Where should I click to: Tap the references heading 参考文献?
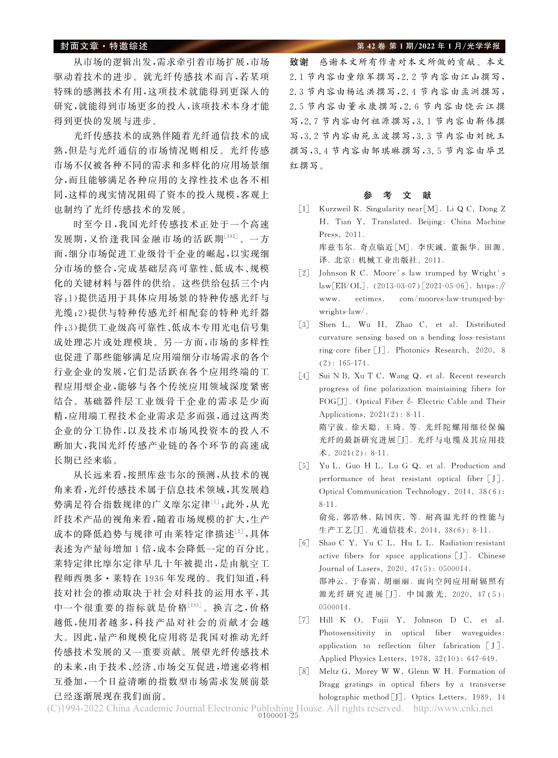[397, 195]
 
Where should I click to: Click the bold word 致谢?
[299, 62]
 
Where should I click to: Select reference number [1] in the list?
[304, 209]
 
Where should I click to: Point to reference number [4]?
[304, 376]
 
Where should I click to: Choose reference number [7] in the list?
[304, 620]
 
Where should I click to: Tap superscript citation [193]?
[194, 604]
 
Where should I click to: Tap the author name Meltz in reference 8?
[330, 672]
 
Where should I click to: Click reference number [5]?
[304, 466]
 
